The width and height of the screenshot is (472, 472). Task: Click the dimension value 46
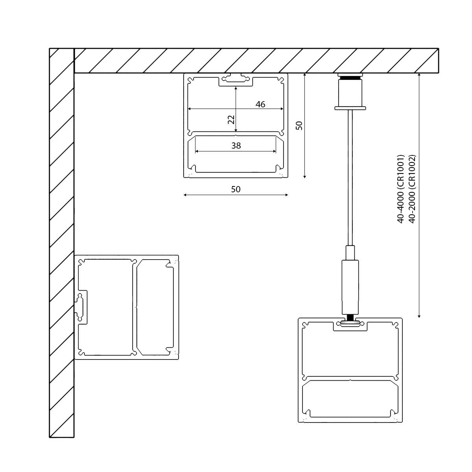tap(260, 104)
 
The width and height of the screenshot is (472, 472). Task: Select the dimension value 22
tap(231, 119)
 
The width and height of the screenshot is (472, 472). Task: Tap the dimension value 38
tap(236, 146)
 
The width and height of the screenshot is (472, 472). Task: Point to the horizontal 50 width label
tap(235, 189)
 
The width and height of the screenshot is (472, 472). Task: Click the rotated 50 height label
tap(299, 126)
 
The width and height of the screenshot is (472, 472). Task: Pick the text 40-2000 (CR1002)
tap(412, 188)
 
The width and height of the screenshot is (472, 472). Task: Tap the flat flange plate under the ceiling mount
tap(350, 107)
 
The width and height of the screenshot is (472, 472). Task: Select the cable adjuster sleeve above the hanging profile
tap(350, 285)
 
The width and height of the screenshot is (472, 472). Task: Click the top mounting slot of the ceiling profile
tap(236, 80)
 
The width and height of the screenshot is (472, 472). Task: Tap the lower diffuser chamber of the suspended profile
tap(350, 398)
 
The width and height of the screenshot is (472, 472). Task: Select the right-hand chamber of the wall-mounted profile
tap(155, 307)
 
